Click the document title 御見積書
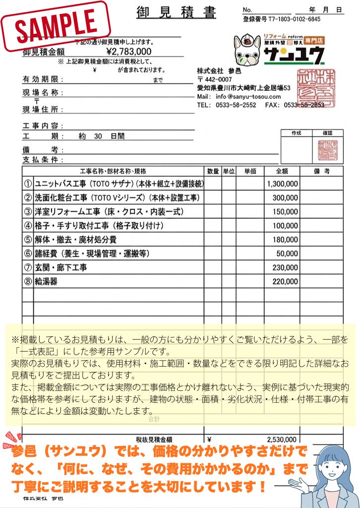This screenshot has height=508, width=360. (176, 12)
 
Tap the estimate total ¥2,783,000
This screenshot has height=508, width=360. (129, 51)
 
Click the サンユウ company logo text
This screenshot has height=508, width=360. (294, 56)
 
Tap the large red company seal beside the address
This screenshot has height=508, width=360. (315, 87)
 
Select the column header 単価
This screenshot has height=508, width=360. (250, 171)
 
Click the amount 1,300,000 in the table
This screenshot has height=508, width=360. (282, 184)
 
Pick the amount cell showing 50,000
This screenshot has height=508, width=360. (287, 254)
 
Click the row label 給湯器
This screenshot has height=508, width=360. (46, 281)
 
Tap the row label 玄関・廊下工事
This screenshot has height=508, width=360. (61, 267)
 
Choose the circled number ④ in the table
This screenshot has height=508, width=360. (28, 226)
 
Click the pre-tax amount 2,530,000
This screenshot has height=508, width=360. (282, 440)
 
